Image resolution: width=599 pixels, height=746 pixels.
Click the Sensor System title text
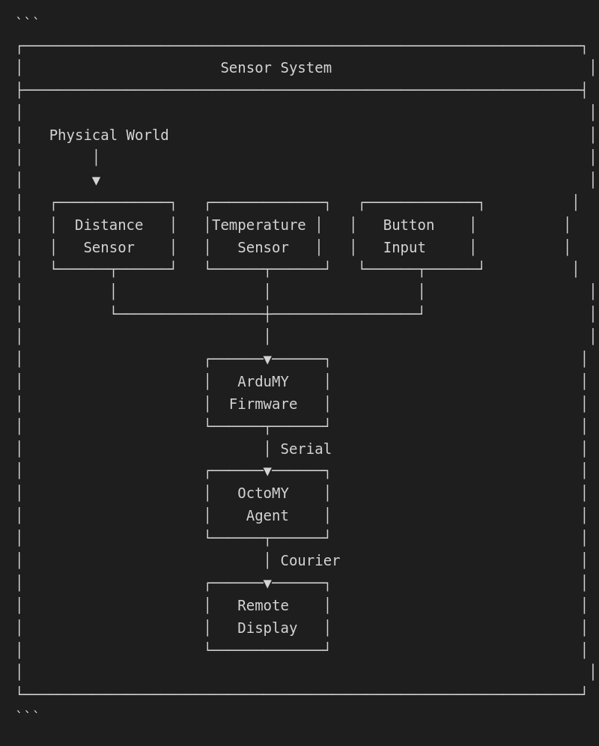pyautogui.click(x=276, y=68)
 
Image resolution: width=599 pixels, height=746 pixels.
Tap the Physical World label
pyautogui.click(x=109, y=136)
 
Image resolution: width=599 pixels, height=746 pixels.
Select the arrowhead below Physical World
pyautogui.click(x=96, y=181)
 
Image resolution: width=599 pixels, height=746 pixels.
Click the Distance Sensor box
pyautogui.click(x=113, y=236)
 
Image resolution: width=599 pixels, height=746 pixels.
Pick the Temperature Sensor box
pyautogui.click(x=267, y=236)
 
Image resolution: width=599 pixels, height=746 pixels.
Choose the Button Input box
pyautogui.click(x=421, y=236)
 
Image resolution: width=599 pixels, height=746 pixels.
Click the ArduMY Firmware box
pyautogui.click(x=267, y=393)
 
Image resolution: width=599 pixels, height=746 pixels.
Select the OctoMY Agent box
pyautogui.click(x=267, y=504)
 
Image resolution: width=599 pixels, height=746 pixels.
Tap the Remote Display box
pyautogui.click(x=267, y=616)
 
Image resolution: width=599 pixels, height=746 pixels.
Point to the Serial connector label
pyautogui.click(x=305, y=449)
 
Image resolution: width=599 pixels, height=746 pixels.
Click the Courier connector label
pyautogui.click(x=310, y=561)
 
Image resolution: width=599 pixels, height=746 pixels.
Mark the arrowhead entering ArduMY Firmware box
pyautogui.click(x=267, y=360)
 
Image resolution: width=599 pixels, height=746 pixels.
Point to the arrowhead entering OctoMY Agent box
pyautogui.click(x=267, y=472)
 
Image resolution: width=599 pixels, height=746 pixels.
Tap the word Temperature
pyautogui.click(x=258, y=225)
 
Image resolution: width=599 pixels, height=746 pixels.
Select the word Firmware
pyautogui.click(x=263, y=404)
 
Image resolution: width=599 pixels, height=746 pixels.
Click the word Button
pyautogui.click(x=408, y=225)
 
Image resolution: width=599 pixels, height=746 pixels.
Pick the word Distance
pyautogui.click(x=109, y=225)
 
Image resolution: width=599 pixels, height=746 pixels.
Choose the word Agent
pyautogui.click(x=267, y=516)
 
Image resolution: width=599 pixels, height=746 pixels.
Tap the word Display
pyautogui.click(x=267, y=628)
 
